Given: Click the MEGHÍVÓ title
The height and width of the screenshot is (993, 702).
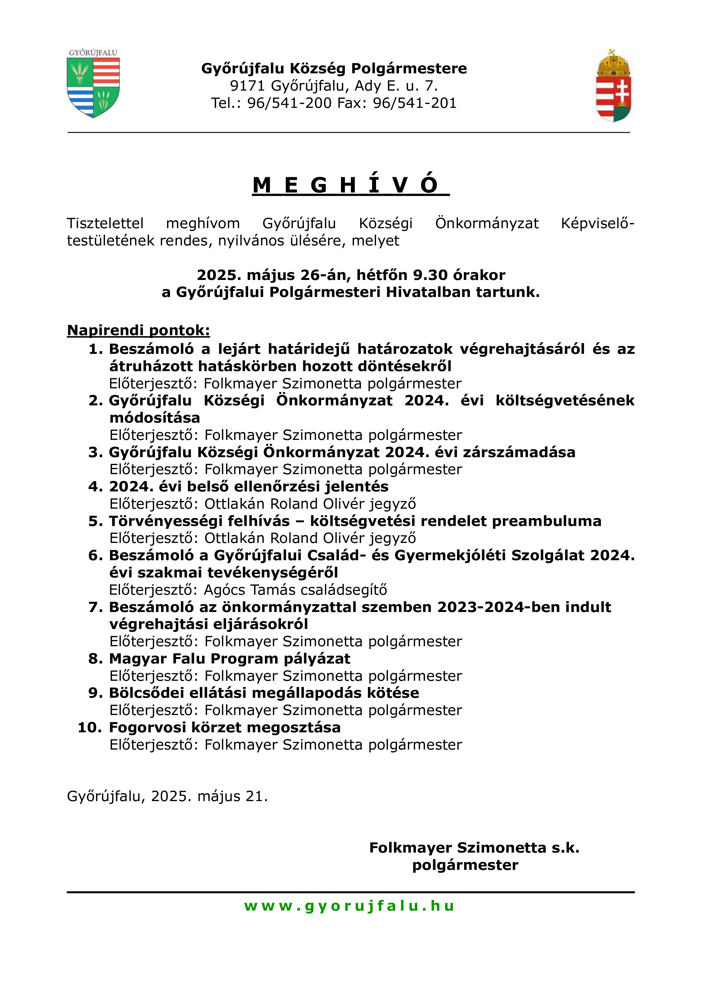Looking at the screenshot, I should coord(351,185).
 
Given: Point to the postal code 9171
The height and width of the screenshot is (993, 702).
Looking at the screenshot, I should coord(247,86).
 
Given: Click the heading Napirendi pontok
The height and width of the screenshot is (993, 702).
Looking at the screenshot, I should coord(138,330).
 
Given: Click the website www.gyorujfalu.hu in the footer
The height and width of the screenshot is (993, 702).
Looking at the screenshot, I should coord(349,906).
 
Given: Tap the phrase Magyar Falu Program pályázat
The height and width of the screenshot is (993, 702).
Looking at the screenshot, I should coord(229,659).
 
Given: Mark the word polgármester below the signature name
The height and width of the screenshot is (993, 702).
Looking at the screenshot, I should coord(465,865).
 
